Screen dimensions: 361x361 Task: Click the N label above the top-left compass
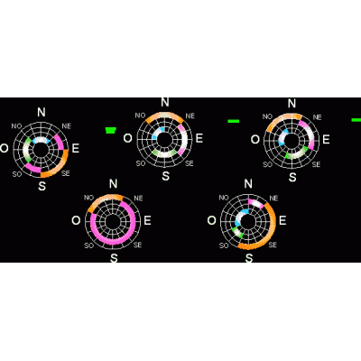[x=42, y=112]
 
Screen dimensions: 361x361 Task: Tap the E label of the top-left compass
[x=75, y=148]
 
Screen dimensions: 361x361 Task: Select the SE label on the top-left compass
[x=66, y=173]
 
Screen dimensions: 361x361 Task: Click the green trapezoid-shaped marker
[x=111, y=130]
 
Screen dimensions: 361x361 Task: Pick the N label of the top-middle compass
[x=165, y=102]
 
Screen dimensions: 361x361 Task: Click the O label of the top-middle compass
[x=128, y=138]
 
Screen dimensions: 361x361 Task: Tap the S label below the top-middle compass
[x=165, y=176]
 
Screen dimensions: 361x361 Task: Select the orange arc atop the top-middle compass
[x=164, y=115]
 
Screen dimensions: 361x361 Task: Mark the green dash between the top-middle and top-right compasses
[x=234, y=121]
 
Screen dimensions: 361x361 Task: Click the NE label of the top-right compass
[x=317, y=117]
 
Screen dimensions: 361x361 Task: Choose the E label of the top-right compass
[x=326, y=140]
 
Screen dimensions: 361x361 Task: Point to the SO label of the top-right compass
[x=267, y=164]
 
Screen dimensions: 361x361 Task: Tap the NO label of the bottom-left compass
[x=88, y=198]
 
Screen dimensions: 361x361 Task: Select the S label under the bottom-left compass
[x=114, y=258]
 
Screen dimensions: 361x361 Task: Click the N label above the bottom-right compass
[x=248, y=183]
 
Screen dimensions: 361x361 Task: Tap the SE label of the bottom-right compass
[x=273, y=245]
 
